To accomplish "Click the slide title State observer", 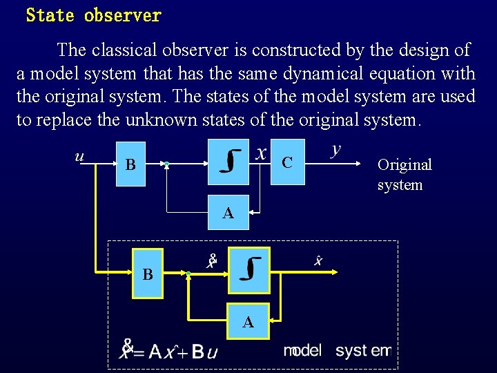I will click(93, 15).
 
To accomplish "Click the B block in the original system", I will click(130, 165).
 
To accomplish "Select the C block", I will click(288, 162).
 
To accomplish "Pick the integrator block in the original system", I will click(228, 162).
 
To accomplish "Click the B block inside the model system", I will click(148, 274).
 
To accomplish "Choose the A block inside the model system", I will click(248, 322).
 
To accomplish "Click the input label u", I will click(79, 156).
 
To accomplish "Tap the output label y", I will click(335, 149).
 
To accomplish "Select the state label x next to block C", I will click(261, 152).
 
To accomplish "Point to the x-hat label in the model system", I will click(318, 260).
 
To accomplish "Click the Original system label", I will click(404, 175).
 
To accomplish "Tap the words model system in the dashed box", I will click(337, 350).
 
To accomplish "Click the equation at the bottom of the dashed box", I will click(169, 350).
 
